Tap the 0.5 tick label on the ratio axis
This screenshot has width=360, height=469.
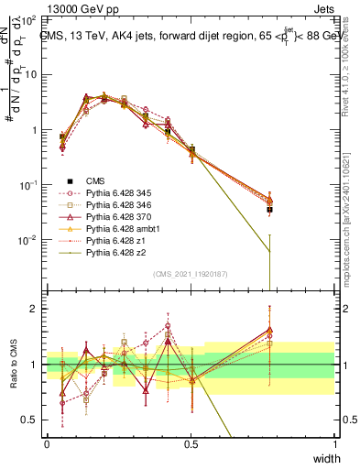(x=29, y=420)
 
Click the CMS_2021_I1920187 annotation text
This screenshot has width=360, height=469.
(x=191, y=273)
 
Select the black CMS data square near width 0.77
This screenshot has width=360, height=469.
(x=269, y=209)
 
